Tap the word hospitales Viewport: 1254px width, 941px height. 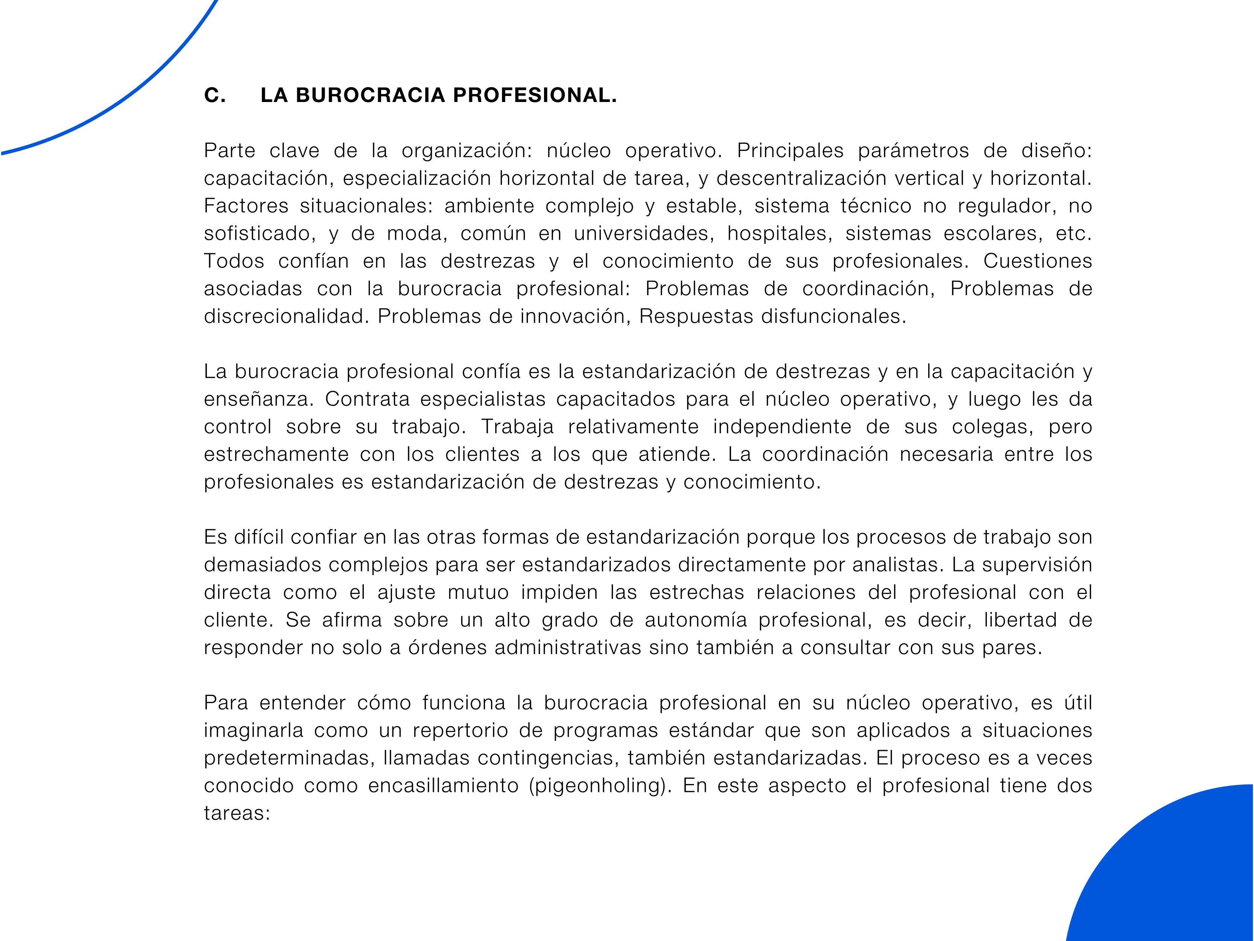coord(780,233)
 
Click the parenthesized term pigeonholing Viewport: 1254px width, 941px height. coord(600,786)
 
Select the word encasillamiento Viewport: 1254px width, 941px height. coord(443,786)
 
